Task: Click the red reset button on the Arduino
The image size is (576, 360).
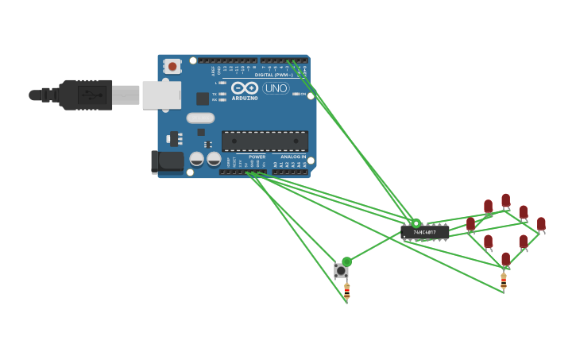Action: tap(172, 66)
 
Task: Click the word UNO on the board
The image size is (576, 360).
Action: tap(276, 88)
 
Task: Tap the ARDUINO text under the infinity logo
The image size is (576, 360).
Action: tap(245, 98)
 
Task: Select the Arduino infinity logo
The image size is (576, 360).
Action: tap(245, 87)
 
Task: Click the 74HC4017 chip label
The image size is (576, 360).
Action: tap(424, 232)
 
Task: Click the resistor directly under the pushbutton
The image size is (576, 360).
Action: tap(346, 291)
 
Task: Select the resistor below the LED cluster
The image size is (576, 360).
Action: tap(503, 281)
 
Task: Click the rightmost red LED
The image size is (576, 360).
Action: tap(541, 224)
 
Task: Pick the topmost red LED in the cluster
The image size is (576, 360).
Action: tap(505, 200)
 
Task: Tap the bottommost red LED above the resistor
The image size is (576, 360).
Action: tap(505, 259)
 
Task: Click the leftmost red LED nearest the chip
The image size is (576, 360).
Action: tap(470, 225)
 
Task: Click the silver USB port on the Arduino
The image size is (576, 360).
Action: tap(160, 95)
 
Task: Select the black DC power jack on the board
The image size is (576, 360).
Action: tap(168, 161)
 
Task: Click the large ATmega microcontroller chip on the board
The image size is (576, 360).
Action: tap(265, 141)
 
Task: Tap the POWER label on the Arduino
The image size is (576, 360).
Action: tap(257, 157)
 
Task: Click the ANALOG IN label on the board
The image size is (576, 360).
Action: tap(292, 157)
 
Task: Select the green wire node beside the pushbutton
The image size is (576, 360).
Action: tap(346, 261)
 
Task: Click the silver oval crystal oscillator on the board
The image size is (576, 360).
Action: tap(200, 118)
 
